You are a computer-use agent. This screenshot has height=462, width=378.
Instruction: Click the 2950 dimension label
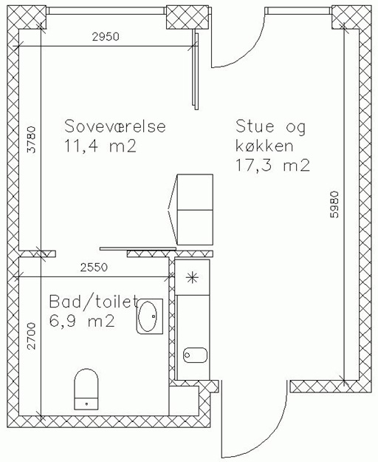[106, 36]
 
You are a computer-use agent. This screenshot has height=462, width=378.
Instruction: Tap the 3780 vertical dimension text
[31, 140]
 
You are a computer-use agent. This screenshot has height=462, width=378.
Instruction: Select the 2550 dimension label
[94, 268]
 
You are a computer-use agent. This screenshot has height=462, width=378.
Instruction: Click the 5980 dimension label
[334, 205]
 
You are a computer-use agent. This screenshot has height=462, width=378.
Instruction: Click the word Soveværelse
[115, 126]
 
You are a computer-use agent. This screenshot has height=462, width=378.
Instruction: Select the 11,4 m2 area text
[100, 146]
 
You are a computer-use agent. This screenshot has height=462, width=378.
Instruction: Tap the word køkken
[264, 146]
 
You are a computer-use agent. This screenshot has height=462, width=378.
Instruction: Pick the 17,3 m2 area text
[272, 165]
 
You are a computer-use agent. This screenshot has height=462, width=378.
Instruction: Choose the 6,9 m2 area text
[81, 321]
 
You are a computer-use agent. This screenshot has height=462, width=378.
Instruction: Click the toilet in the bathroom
[86, 389]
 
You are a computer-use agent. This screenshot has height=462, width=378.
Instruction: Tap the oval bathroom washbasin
[150, 316]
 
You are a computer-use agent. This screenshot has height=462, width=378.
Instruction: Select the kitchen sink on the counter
[196, 355]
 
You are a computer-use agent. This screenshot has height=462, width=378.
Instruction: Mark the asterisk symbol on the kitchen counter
[193, 277]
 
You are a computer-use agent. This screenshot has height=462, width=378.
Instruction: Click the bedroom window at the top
[106, 10]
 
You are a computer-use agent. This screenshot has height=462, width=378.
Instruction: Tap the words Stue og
[271, 127]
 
